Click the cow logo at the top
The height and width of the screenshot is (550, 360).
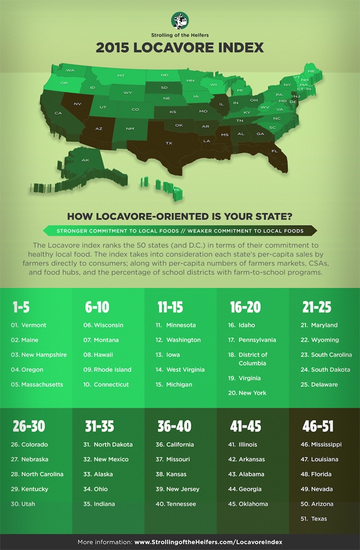[180, 20]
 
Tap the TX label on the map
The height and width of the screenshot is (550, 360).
[169, 143]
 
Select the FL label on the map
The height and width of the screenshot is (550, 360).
[274, 151]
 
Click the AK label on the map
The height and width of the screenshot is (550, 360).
[85, 160]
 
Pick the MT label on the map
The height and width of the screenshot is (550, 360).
[121, 76]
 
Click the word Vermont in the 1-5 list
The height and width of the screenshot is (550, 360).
[33, 326]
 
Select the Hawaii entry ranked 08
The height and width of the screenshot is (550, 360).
[103, 355]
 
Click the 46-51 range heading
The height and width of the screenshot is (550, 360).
[318, 427]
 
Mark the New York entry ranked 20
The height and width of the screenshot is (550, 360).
[252, 393]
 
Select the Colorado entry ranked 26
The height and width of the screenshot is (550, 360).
[36, 445]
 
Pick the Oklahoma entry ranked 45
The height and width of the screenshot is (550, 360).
[253, 504]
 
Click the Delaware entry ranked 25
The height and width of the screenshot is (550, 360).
[324, 385]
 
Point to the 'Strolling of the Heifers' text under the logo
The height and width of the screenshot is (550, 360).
[180, 36]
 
